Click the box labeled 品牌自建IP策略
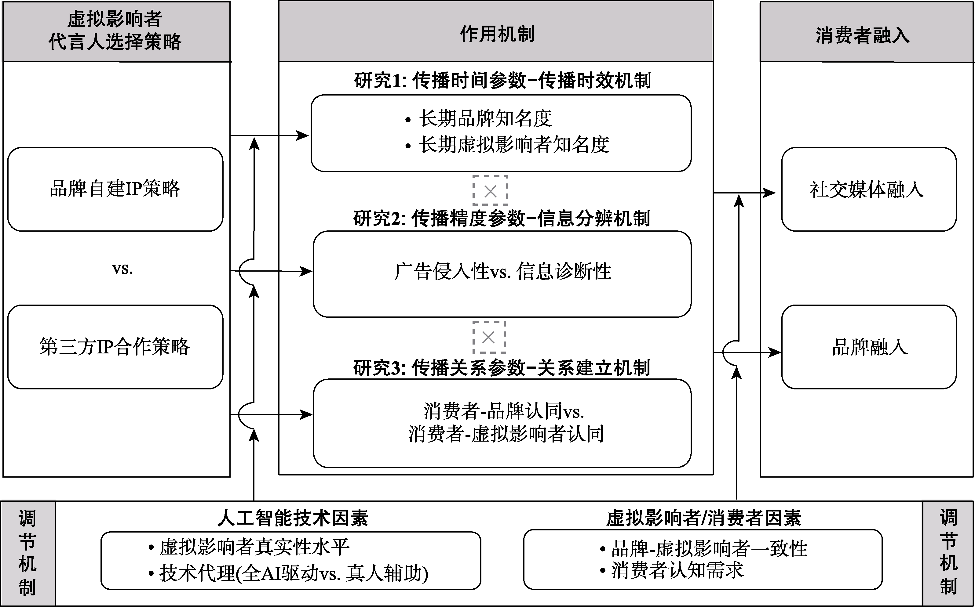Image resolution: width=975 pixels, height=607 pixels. point(115,189)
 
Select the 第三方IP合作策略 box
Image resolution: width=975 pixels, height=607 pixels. point(115,346)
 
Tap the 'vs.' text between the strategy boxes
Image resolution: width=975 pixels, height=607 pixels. point(122,269)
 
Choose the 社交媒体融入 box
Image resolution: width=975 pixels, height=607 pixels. point(868,189)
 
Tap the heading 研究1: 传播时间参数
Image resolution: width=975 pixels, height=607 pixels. point(502,80)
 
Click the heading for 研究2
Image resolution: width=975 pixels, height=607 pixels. point(501,219)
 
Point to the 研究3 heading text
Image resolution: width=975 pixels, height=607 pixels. point(501,368)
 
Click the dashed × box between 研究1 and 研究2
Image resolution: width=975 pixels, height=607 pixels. point(490,191)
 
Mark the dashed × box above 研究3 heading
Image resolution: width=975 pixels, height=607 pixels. point(488,337)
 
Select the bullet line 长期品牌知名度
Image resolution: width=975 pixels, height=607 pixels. point(485,118)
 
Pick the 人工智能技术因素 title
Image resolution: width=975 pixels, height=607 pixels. point(292,518)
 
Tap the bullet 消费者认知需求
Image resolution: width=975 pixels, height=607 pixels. point(677,570)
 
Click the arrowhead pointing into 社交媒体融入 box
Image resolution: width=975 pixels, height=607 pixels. point(770,193)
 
